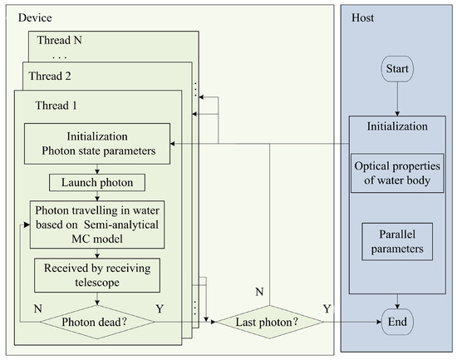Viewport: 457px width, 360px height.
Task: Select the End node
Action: click(x=398, y=320)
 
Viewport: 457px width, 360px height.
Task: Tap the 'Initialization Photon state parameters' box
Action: click(x=96, y=143)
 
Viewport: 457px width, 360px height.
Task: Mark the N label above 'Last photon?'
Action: click(x=260, y=293)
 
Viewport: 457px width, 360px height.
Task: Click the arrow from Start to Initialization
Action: click(x=398, y=97)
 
